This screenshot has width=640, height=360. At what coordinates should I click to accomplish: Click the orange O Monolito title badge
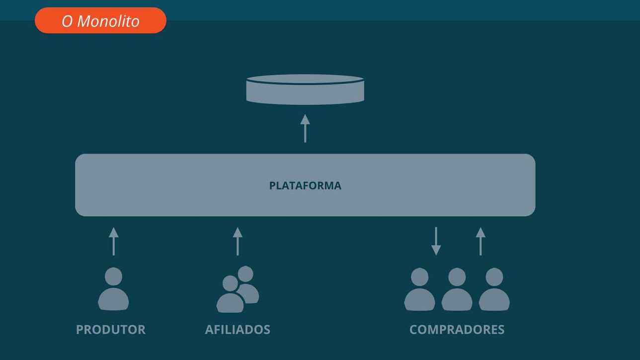(100, 20)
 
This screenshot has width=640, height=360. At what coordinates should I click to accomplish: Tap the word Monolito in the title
(108, 21)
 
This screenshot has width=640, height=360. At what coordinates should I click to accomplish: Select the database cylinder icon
(305, 89)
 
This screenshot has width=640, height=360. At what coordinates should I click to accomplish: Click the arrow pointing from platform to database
(305, 128)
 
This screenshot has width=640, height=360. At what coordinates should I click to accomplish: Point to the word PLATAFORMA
(305, 186)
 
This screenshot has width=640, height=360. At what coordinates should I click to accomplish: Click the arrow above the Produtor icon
(114, 241)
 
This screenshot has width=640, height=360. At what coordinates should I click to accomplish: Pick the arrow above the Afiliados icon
(238, 241)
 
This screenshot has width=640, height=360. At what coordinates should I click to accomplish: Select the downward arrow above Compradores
(436, 241)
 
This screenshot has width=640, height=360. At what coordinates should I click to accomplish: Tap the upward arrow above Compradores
(480, 241)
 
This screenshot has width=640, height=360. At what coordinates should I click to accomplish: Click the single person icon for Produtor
(113, 289)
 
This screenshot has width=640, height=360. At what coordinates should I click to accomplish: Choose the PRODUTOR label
(111, 330)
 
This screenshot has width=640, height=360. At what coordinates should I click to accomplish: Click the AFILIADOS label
(238, 330)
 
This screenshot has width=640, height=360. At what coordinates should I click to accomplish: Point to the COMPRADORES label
(457, 330)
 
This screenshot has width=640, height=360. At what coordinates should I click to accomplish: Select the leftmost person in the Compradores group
(419, 289)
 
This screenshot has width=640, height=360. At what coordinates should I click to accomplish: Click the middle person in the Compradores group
(457, 289)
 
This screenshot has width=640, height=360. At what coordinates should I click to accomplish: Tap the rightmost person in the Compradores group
(494, 289)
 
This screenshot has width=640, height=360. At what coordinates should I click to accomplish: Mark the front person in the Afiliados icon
(230, 294)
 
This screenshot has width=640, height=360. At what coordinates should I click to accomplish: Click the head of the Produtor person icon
(113, 276)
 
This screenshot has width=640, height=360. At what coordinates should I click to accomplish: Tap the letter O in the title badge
(67, 21)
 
